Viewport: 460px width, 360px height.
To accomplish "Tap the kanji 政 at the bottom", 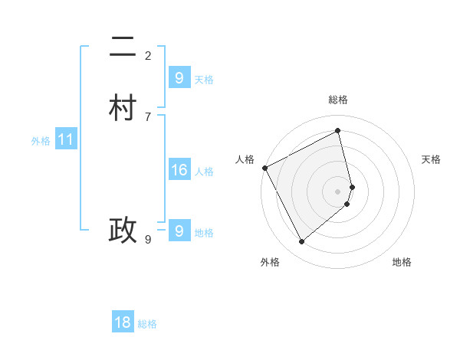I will click(123, 231).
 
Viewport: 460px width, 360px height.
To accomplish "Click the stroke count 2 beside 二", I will click(148, 55).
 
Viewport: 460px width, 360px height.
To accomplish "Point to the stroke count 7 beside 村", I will click(148, 116).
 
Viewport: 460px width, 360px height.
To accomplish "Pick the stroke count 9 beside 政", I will click(148, 240).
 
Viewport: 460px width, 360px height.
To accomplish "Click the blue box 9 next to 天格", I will click(179, 77).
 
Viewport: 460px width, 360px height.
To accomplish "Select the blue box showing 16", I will click(179, 170).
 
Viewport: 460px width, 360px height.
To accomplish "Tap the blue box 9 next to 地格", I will click(179, 231).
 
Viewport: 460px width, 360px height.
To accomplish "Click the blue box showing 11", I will click(66, 140).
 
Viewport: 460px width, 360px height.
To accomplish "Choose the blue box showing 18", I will click(123, 322).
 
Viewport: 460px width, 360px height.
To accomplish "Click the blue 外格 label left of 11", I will click(41, 141).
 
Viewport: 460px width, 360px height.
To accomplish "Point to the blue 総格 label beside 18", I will click(147, 324).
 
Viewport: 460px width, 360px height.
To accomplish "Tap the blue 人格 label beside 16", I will click(204, 172).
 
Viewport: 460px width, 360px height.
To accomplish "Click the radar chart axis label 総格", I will click(338, 100).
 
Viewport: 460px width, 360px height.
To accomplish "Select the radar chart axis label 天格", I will click(431, 159).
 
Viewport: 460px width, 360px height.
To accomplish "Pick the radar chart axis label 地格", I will click(402, 262).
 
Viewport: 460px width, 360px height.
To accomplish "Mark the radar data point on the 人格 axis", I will click(264, 168).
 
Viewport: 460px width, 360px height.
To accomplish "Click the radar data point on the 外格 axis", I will click(301, 242).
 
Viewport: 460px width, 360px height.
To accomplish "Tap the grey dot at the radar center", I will click(338, 191).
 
